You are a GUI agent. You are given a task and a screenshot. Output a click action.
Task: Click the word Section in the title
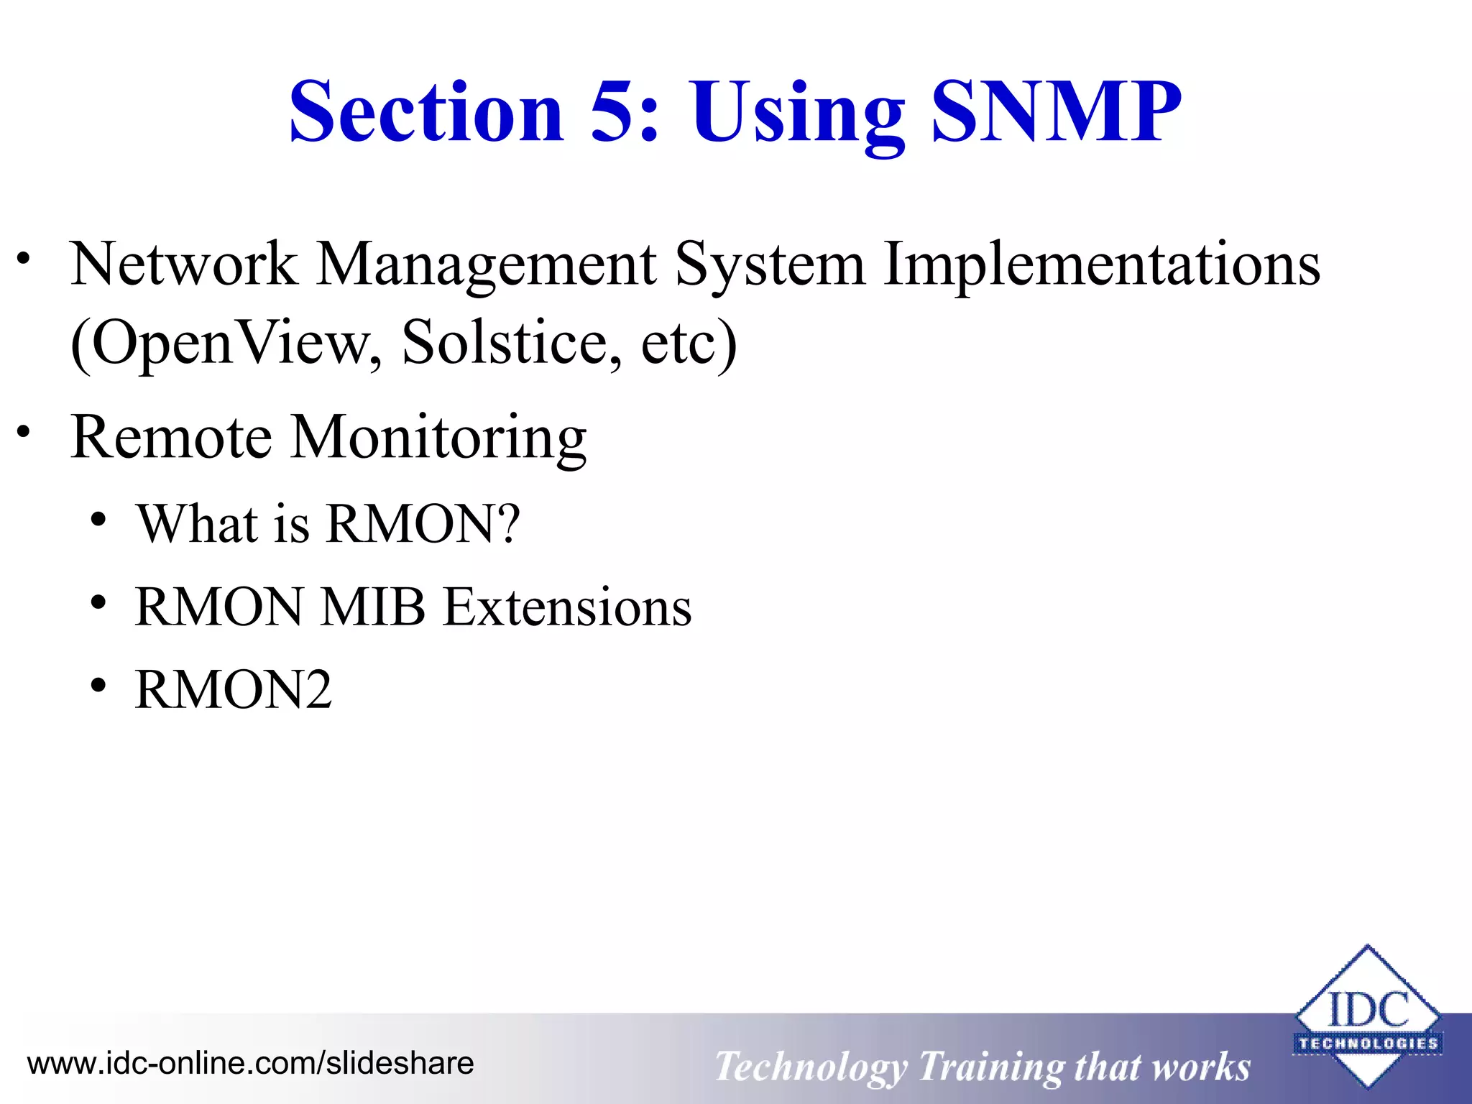425,112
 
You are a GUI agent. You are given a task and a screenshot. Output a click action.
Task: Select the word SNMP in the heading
1055,112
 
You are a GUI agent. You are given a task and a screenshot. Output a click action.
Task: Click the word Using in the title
798,115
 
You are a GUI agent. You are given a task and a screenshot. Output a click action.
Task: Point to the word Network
184,264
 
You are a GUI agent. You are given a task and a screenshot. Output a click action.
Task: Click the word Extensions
566,607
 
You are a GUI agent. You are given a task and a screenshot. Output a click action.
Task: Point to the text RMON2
233,690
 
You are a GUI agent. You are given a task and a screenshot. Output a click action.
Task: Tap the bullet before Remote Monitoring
24,432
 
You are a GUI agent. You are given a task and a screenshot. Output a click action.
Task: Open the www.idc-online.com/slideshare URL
250,1063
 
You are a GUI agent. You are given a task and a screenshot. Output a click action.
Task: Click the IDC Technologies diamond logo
1367,1016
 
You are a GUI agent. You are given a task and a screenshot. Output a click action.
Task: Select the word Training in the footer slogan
990,1067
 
